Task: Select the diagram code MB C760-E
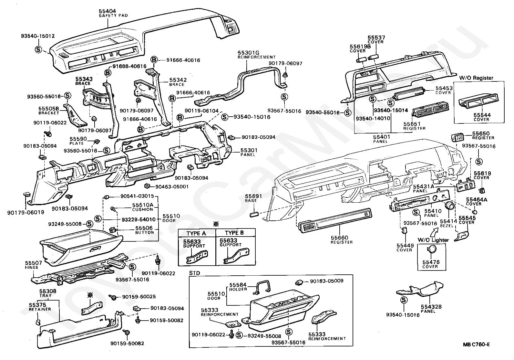[476, 344]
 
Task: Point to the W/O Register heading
[476, 78]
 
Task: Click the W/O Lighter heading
[433, 240]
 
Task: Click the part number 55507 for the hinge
[32, 263]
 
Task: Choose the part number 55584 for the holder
[238, 285]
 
